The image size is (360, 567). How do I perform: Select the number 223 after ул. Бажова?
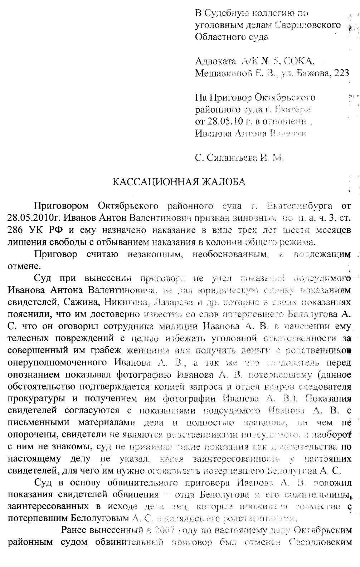[341, 73]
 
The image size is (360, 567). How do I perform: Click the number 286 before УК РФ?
[15, 230]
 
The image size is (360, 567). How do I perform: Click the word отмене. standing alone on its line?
[24, 266]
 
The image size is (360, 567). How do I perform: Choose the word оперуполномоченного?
[57, 362]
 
